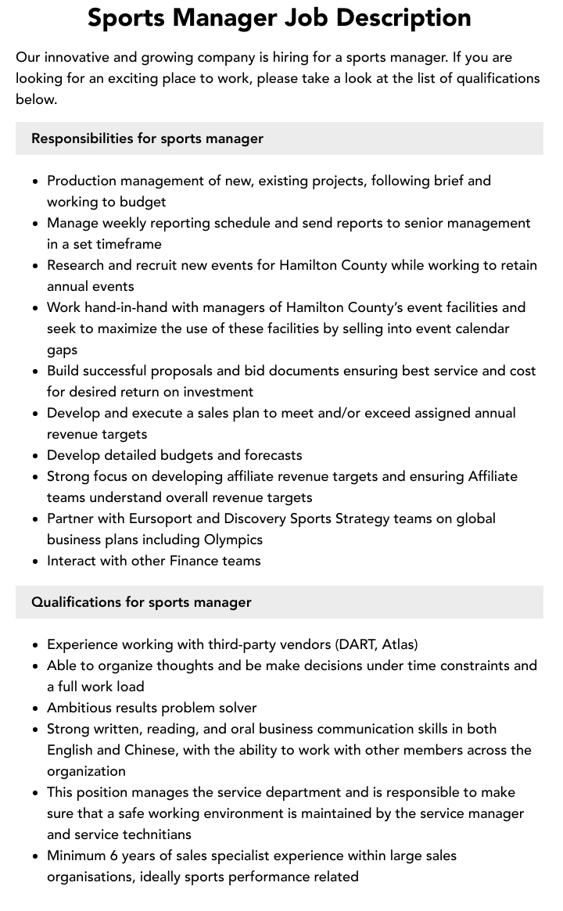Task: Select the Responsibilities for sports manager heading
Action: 147,138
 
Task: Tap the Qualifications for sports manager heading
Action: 142,602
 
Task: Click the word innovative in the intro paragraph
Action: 81,57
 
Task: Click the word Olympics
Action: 233,540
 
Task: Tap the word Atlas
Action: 399,644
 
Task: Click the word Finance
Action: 188,561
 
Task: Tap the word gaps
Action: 62,350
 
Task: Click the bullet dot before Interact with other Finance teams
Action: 36,561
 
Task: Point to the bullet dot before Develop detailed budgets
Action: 36,456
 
